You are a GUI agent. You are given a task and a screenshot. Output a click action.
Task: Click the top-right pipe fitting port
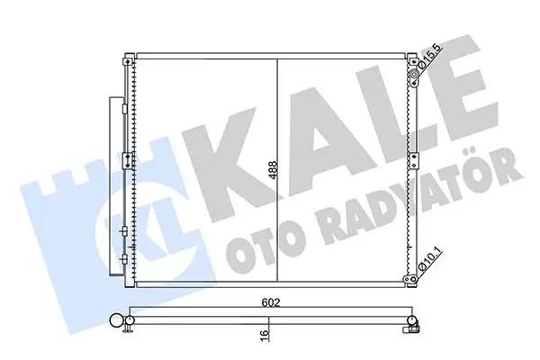pos(416,82)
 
